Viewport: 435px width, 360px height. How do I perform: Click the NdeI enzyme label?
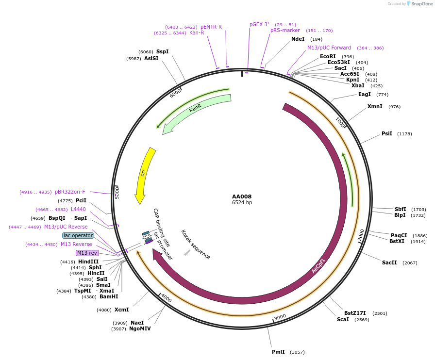[x=298, y=39]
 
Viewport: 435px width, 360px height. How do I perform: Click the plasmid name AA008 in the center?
[x=242, y=196]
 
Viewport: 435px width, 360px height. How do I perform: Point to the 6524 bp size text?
[x=242, y=203]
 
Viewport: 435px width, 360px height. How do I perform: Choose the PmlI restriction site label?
[x=278, y=352]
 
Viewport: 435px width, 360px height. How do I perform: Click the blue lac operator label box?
[x=78, y=235]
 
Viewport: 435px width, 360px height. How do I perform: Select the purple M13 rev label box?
[x=87, y=253]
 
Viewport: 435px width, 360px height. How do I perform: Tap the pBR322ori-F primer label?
[x=70, y=192]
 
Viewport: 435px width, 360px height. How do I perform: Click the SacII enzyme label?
[x=389, y=262]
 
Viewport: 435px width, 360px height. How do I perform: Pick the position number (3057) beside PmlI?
[x=297, y=352]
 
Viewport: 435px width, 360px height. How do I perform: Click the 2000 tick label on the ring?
[x=361, y=235]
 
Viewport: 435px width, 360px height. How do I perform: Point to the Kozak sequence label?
[x=196, y=244]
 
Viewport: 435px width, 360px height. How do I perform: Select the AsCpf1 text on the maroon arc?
[x=318, y=266]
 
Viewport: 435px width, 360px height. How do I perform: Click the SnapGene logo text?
[x=419, y=4]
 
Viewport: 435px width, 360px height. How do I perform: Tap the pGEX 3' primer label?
[x=259, y=24]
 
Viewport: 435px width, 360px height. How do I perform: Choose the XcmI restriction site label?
[x=121, y=310]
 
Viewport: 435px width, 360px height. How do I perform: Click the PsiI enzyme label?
[x=386, y=133]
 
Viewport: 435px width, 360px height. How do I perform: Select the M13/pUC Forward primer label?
[x=329, y=48]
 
